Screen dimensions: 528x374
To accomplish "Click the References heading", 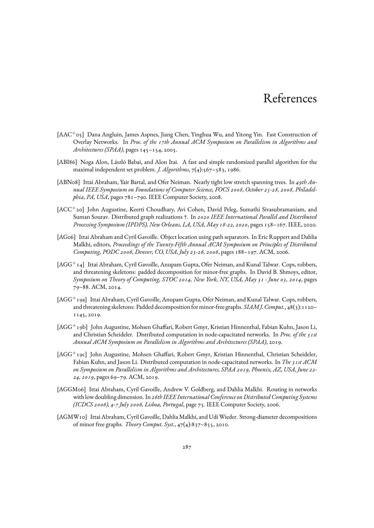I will point(290,99).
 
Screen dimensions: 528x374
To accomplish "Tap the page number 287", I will point(187,447).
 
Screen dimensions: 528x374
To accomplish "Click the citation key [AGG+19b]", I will point(72,327).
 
